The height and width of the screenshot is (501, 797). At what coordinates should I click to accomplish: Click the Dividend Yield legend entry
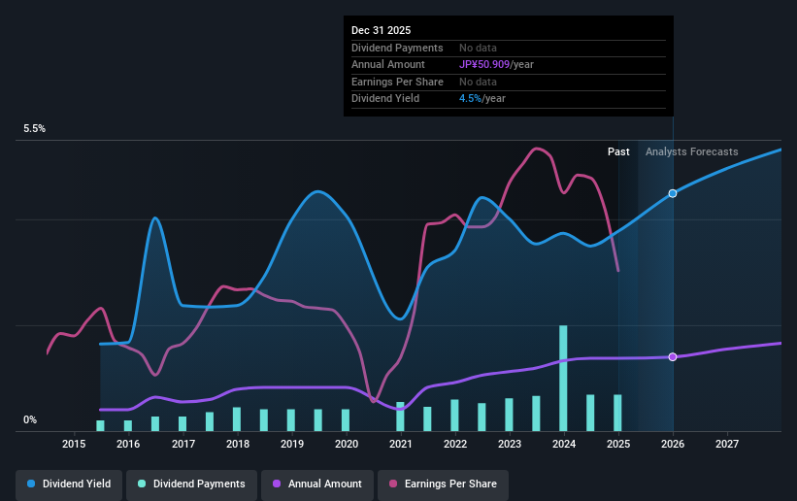click(68, 484)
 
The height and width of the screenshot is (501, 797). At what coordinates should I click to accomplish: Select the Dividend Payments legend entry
click(192, 484)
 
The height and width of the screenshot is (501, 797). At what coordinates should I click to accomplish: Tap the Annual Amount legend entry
click(315, 484)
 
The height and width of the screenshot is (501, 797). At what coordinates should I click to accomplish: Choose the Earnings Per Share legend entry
click(443, 484)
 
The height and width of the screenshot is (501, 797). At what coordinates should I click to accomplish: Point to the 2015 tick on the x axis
click(74, 444)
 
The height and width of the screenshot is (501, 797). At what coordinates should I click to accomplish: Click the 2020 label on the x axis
click(347, 444)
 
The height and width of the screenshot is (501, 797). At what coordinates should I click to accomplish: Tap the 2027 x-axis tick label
click(727, 444)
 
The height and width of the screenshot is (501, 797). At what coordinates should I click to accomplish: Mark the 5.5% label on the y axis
click(35, 129)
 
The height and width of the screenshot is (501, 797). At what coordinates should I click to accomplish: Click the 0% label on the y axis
click(30, 420)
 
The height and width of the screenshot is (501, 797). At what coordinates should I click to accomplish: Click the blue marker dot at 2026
click(673, 193)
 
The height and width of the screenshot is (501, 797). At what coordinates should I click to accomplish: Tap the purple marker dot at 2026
click(673, 357)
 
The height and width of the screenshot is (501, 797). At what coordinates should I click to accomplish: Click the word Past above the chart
click(618, 151)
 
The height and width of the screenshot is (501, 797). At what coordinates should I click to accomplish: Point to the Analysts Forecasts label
click(691, 151)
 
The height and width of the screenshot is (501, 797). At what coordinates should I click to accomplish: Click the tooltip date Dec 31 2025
click(380, 30)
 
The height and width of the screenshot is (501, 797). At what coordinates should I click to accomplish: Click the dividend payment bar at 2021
click(400, 417)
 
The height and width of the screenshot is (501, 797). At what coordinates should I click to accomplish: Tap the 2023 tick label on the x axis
click(510, 444)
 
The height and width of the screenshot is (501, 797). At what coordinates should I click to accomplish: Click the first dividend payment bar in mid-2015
click(100, 425)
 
